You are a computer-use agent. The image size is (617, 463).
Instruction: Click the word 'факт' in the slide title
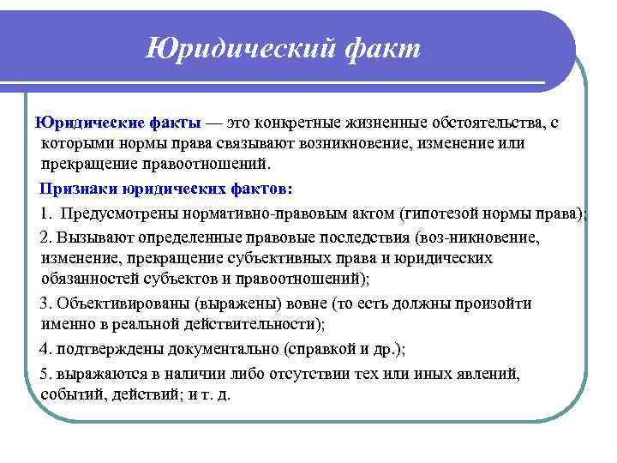tap(381, 48)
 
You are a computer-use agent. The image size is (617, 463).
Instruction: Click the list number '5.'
tap(46, 374)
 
